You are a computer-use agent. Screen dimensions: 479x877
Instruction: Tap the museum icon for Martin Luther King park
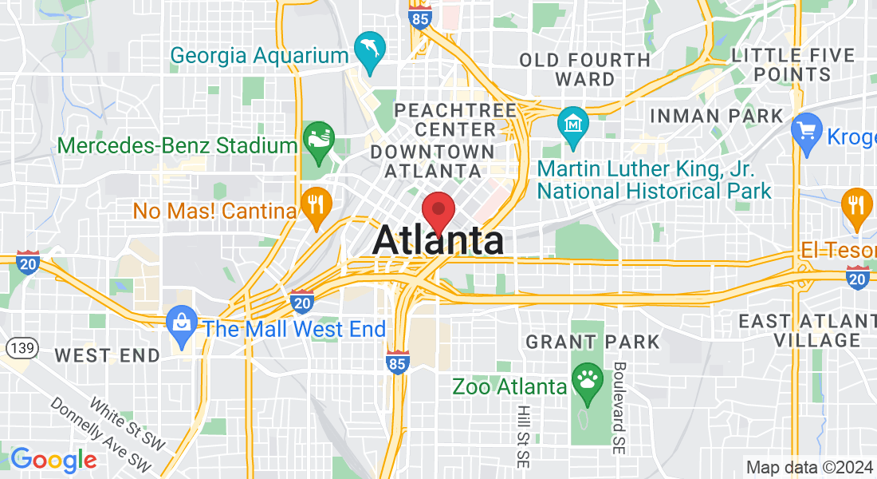[573, 124]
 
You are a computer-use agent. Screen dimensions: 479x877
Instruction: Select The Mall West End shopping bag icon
[182, 323]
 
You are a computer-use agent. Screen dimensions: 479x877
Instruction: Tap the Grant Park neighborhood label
[592, 342]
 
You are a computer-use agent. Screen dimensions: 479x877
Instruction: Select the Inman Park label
[717, 116]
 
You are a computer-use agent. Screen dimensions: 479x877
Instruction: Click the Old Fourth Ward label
[584, 69]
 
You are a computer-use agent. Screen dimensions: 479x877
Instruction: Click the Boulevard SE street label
[619, 408]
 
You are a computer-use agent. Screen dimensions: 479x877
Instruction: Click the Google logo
[53, 460]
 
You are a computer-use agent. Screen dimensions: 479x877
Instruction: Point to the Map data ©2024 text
[808, 467]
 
